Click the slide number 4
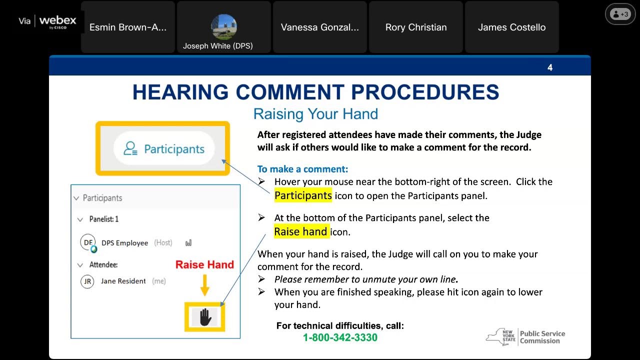(550, 67)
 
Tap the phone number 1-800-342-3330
(340, 337)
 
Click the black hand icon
(205, 317)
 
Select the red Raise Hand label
(204, 265)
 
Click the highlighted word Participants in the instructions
(303, 195)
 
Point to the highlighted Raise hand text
(301, 231)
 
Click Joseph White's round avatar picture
(224, 27)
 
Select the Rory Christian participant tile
(416, 27)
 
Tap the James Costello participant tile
(511, 27)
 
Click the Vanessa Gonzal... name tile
(320, 27)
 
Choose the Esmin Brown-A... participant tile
(128, 27)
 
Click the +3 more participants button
(620, 14)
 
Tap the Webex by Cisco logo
(57, 21)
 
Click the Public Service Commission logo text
(542, 337)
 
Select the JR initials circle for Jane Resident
(87, 281)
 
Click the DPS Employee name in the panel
(124, 243)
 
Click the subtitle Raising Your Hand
(315, 114)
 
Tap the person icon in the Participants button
(130, 148)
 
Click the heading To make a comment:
(302, 169)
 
